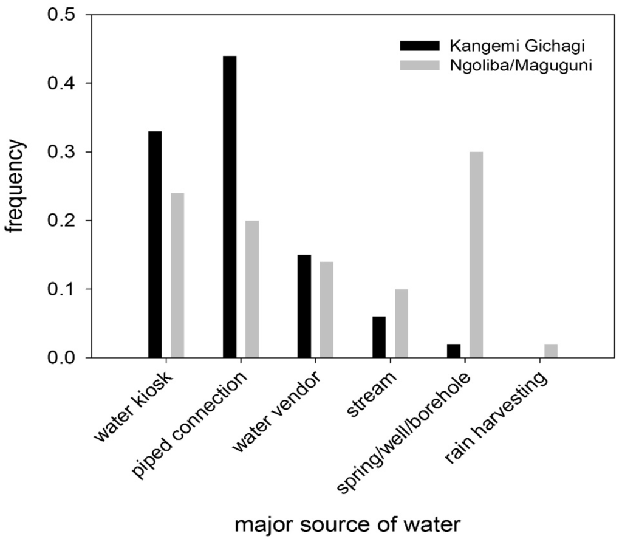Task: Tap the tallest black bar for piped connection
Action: tap(230, 207)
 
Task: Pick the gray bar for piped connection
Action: tap(252, 289)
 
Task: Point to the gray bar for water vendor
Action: tap(327, 309)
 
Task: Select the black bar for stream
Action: tap(379, 337)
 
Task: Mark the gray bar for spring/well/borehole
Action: tap(476, 255)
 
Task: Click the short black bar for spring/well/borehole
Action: tap(454, 351)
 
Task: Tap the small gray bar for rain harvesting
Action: tap(551, 351)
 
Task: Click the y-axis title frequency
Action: tap(17, 186)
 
